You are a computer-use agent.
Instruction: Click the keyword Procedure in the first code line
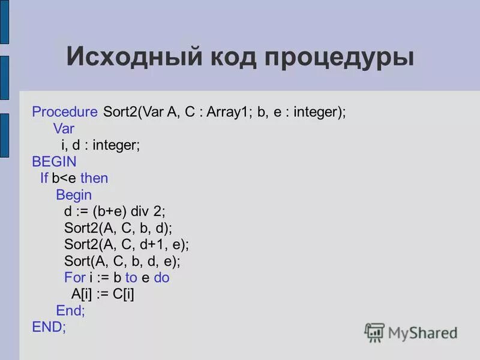click(65, 112)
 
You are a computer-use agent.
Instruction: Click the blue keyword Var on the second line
click(63, 128)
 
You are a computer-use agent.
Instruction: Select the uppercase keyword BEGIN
click(54, 161)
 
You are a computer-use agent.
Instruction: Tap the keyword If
click(44, 178)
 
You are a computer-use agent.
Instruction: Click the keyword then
click(94, 178)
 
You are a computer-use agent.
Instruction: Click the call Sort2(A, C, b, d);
click(118, 228)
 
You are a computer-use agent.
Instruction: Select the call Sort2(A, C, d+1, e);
click(127, 245)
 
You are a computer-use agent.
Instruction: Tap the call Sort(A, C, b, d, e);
click(122, 262)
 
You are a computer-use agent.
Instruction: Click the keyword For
click(75, 278)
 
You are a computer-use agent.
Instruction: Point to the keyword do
click(161, 278)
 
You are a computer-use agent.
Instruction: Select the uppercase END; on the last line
click(49, 327)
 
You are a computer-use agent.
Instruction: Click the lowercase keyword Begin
click(74, 195)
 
